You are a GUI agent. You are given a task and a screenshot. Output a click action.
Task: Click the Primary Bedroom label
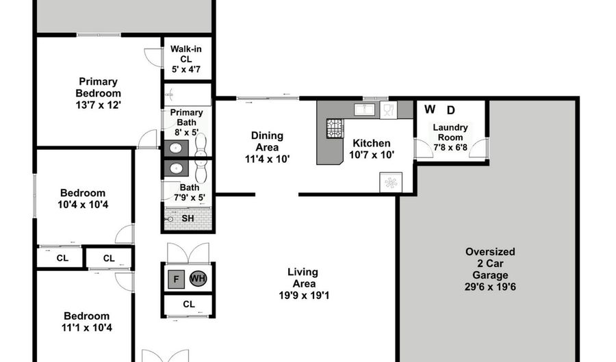point(98,88)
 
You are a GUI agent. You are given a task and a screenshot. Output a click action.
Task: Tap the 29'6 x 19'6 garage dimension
point(489,287)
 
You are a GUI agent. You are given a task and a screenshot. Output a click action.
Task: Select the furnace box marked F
point(175,279)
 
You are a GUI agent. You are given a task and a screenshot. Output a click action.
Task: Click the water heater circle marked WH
point(198,279)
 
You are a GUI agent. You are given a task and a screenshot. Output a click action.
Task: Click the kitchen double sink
point(363,109)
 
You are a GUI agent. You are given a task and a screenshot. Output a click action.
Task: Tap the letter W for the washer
point(430,109)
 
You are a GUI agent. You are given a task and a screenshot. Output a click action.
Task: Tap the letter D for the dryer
point(450,109)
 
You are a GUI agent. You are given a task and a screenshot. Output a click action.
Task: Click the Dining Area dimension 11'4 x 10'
point(267,159)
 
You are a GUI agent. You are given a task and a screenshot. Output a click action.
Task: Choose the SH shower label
point(188,218)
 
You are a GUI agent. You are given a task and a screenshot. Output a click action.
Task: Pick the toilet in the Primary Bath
point(201,146)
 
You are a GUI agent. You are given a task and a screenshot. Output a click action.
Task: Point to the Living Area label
point(302,278)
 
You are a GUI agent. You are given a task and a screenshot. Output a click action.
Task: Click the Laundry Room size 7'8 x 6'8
point(450,146)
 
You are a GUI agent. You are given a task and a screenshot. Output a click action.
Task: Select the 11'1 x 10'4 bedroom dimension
point(87,328)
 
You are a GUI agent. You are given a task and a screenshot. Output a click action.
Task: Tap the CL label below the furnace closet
point(188,304)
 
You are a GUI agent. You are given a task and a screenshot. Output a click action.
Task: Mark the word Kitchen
point(371,143)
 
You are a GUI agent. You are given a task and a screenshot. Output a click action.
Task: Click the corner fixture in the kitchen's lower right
point(391,183)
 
